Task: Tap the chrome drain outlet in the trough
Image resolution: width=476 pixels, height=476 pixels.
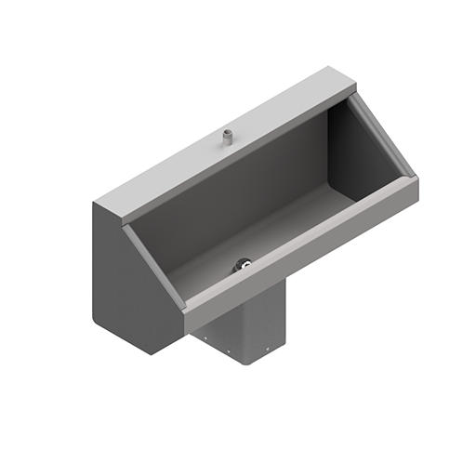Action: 244,265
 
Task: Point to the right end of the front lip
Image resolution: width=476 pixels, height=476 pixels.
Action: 415,186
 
